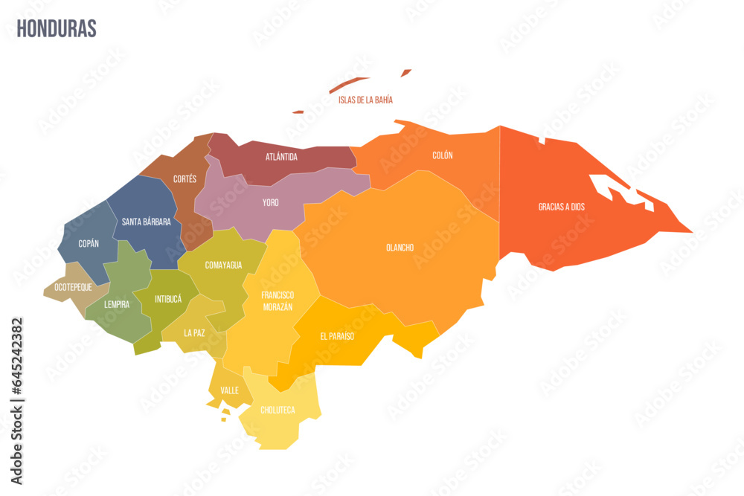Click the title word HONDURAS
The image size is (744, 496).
[x=57, y=29]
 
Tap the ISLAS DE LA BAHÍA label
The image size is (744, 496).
[x=365, y=100]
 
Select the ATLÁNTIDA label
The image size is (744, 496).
[x=281, y=157]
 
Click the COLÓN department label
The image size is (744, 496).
[x=442, y=155]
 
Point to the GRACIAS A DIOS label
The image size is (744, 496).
[x=562, y=207]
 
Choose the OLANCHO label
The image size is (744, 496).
[x=400, y=248]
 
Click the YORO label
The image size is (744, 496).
[x=271, y=202]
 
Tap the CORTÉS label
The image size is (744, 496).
[x=185, y=179]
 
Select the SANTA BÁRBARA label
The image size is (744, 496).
[x=147, y=222]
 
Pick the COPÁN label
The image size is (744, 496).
[x=89, y=243]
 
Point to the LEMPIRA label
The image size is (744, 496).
[x=117, y=304]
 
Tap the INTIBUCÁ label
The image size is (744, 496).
[x=167, y=299]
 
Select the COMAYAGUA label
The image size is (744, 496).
[x=223, y=265]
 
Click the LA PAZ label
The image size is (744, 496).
[x=194, y=332]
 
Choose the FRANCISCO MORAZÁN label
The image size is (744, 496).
[x=277, y=301]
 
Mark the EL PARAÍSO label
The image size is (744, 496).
[x=337, y=336]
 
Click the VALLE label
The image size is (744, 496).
[x=230, y=390]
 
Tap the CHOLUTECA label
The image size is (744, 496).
[x=278, y=410]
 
